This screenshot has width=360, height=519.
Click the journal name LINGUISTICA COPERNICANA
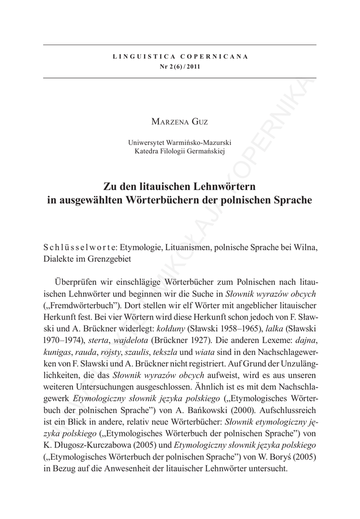point(179,56)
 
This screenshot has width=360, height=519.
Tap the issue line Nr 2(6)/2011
point(179,67)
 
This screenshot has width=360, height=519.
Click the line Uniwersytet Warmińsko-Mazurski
point(179,142)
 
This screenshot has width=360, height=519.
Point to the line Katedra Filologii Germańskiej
point(179,151)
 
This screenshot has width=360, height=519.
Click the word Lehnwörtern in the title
point(219,185)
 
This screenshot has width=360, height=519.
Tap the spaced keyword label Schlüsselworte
point(81,247)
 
